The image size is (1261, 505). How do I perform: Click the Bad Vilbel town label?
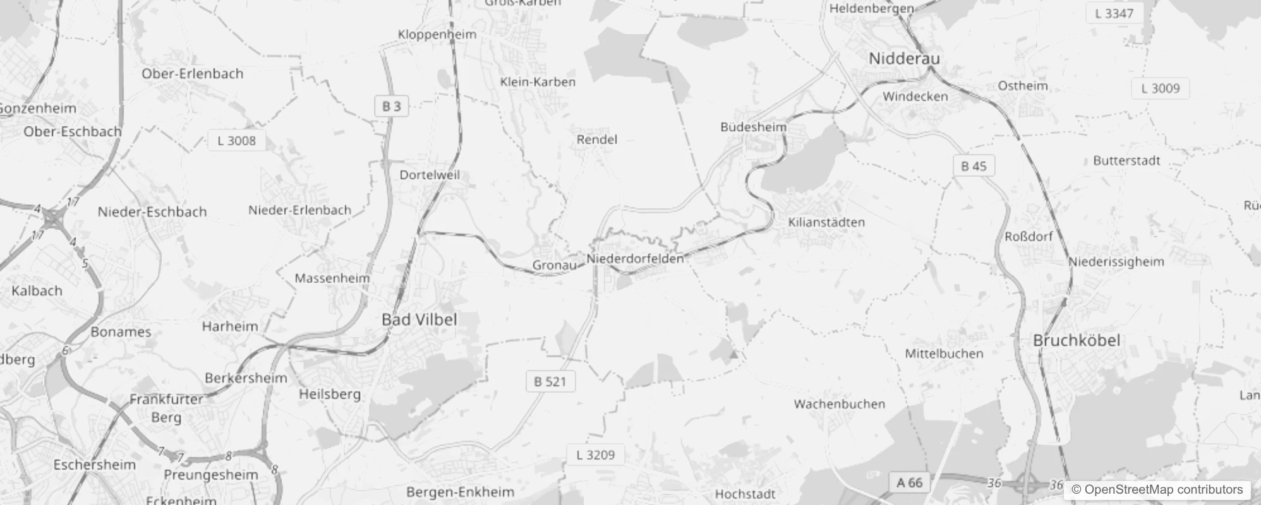point(419,320)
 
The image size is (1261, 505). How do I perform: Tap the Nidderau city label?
point(904,59)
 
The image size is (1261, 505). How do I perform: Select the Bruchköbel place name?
point(1077,341)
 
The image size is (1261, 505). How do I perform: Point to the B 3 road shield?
point(392,107)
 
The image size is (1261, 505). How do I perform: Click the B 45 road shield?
point(974,167)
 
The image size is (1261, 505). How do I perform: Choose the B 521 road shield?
point(550,382)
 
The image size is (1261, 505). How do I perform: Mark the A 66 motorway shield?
point(910,484)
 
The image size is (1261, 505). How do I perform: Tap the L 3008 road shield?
point(236,141)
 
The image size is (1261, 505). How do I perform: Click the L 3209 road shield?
point(595,455)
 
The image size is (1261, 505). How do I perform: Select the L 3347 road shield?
point(1114,13)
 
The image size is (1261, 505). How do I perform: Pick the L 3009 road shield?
point(1160,89)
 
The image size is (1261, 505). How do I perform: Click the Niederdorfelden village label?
point(635,259)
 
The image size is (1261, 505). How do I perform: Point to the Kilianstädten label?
point(826,222)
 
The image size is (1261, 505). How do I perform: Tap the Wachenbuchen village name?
point(839,404)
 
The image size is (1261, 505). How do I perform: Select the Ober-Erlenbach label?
point(192,74)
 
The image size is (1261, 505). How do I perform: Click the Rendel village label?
point(596,140)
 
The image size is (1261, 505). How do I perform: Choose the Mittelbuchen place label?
point(944,353)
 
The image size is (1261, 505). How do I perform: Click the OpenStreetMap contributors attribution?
point(1157,490)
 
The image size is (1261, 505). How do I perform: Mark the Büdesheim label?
point(753,127)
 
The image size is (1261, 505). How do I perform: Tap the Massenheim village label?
point(332,278)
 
